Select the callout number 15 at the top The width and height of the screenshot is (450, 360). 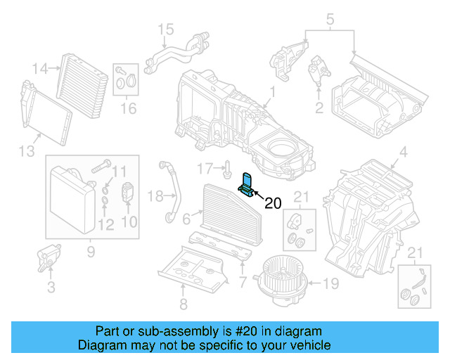(x=165, y=29)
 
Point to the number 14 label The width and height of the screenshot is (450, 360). (x=41, y=68)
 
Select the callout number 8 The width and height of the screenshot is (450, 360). (x=183, y=304)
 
